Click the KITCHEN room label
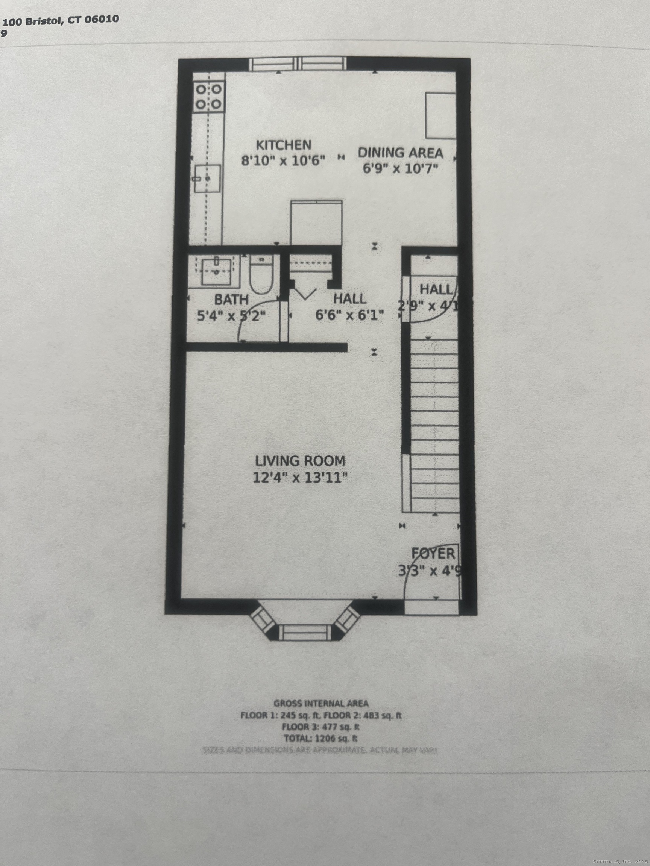(283, 145)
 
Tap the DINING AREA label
(401, 153)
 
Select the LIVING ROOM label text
(300, 461)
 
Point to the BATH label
(231, 300)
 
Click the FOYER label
(433, 554)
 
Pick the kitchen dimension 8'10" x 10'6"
(283, 161)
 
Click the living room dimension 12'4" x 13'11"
(300, 478)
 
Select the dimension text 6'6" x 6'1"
(349, 315)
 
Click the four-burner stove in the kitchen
(208, 97)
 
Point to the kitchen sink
(208, 178)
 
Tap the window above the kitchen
(298, 64)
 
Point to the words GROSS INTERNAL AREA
(320, 704)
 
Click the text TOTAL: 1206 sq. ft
(320, 739)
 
